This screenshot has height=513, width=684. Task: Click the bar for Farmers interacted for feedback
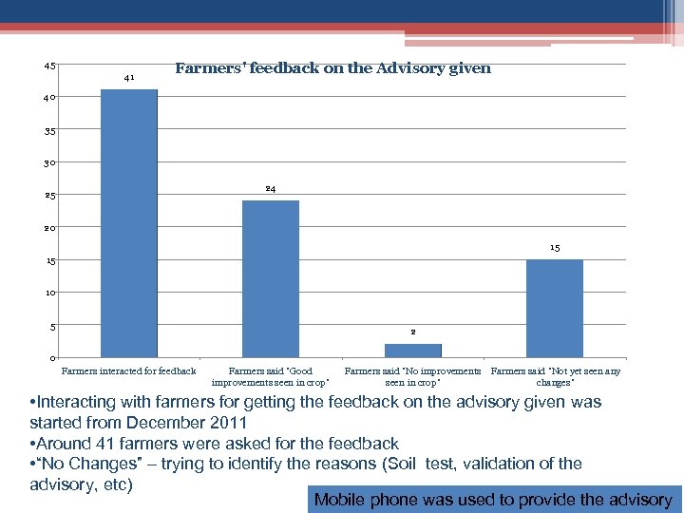coord(128,223)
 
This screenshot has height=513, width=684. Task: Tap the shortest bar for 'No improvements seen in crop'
coord(413,351)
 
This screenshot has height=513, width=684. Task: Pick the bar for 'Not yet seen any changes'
coord(555,308)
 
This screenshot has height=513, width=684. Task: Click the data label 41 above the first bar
coord(129,78)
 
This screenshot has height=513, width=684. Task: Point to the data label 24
coord(271,189)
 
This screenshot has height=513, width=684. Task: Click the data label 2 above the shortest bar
coord(413,332)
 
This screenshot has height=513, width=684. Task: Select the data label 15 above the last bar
coord(555,248)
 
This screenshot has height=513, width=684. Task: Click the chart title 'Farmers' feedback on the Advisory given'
coord(332,68)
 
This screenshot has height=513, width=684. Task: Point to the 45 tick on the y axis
coord(49,66)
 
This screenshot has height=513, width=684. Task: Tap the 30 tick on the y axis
coord(49,163)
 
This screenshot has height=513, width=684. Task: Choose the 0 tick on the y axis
coord(52,358)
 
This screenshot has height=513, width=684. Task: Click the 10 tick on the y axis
coord(49,293)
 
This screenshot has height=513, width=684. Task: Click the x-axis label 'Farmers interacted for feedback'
coord(128,371)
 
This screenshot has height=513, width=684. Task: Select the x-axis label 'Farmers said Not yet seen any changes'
coord(556,376)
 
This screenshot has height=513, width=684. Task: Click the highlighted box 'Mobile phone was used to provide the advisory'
coord(493,500)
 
